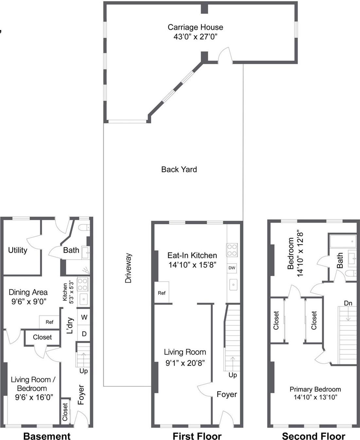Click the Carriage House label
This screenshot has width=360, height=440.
tap(195, 27)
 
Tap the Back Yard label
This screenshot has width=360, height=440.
tap(179, 169)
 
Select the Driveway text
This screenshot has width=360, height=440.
tap(128, 268)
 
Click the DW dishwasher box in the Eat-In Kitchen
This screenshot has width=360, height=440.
tap(232, 268)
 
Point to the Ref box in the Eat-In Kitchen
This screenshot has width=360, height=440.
tap(162, 293)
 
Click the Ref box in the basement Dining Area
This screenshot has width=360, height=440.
tap(49, 322)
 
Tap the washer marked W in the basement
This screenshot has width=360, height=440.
tap(84, 317)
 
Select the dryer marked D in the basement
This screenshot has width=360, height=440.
tap(84, 334)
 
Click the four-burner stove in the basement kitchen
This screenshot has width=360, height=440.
tap(82, 284)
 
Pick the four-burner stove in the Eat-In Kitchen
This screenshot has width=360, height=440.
tap(232, 250)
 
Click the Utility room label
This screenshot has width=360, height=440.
tap(18, 250)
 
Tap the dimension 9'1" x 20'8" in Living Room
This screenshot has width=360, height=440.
tap(185, 363)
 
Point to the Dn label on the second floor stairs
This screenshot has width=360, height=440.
tap(348, 303)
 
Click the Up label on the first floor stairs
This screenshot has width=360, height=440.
tap(233, 375)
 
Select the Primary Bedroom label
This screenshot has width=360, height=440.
tap(315, 389)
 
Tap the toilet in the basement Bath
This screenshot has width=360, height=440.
tap(84, 227)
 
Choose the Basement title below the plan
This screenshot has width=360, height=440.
tap(47, 436)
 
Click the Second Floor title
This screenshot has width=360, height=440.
tap(313, 436)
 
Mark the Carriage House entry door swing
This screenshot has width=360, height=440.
tap(225, 54)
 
